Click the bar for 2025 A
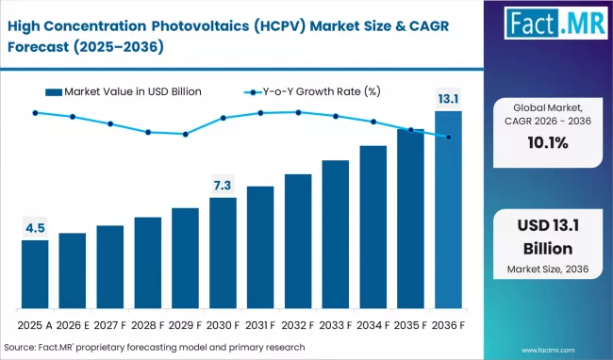[35, 274]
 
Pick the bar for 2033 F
[336, 235]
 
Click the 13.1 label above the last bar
[448, 98]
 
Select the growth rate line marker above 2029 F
[186, 134]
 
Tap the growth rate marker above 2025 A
[35, 113]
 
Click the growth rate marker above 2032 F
[298, 112]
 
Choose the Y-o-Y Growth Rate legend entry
[314, 91]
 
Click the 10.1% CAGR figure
[546, 143]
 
